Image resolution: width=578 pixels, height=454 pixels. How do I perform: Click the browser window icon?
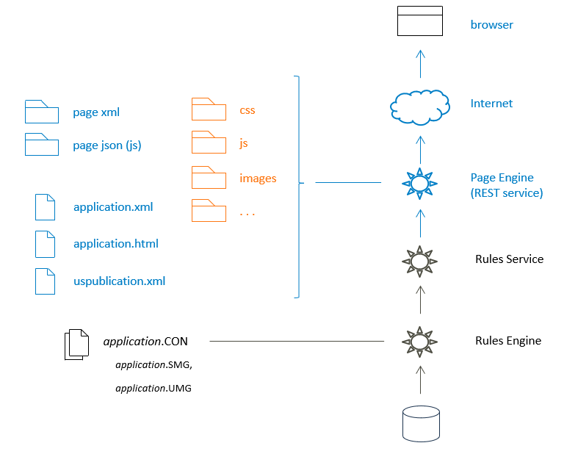tap(420, 21)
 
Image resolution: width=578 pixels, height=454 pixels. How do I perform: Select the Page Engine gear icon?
tap(419, 182)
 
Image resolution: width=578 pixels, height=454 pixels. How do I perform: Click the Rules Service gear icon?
tap(419, 261)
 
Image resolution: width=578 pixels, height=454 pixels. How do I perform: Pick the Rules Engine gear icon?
tap(419, 342)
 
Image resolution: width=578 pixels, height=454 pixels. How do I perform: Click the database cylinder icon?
tap(421, 425)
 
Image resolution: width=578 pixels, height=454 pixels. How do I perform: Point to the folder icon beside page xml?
tap(41, 112)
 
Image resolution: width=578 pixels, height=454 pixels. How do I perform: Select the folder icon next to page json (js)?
tap(41, 145)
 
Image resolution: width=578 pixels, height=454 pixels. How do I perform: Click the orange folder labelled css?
tap(209, 109)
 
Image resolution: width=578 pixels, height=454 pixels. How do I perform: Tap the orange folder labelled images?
tap(209, 177)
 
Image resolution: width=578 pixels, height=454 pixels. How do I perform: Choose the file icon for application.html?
tap(45, 244)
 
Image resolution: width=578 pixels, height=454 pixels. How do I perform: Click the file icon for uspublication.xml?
tap(45, 281)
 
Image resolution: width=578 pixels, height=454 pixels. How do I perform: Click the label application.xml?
tap(113, 207)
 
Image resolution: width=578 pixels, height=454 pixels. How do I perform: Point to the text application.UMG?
tap(153, 388)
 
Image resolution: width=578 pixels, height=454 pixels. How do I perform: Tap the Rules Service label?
tap(509, 259)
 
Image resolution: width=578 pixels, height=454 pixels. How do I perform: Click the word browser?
tap(491, 25)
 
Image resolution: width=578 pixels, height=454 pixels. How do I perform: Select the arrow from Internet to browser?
tap(420, 63)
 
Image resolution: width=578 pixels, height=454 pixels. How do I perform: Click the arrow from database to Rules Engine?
tap(420, 381)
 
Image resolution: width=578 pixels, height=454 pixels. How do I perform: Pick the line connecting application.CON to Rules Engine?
tap(297, 341)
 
